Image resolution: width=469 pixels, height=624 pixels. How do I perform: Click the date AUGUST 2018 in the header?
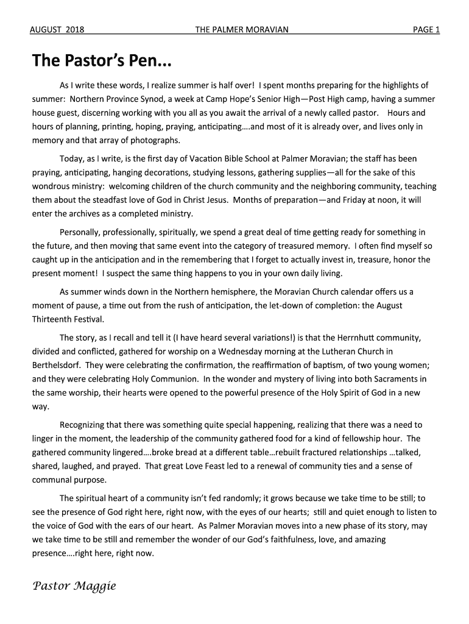tap(57, 29)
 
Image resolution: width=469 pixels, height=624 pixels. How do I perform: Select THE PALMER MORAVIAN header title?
tap(242, 29)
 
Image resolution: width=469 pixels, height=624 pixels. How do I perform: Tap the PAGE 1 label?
tap(426, 29)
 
